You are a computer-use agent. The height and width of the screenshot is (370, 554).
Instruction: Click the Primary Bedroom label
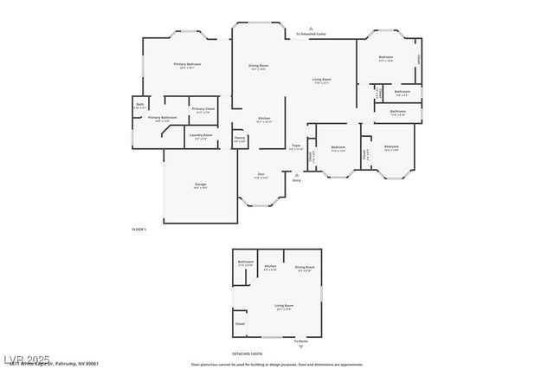187,64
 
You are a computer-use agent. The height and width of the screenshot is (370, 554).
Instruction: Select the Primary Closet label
203,108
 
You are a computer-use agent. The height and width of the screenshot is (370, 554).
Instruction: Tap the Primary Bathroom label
162,117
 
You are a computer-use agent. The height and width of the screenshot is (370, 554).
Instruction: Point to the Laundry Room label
201,134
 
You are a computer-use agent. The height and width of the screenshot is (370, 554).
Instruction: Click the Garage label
200,185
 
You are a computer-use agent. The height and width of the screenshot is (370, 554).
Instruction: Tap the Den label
261,174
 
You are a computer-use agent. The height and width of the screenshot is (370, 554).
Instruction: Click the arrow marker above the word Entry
297,173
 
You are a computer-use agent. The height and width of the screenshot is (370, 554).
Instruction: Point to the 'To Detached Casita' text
311,34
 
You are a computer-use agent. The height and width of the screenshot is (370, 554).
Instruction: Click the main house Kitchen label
264,118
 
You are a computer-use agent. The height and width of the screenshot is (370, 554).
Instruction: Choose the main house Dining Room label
259,65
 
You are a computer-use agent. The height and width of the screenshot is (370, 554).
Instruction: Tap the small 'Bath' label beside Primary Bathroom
140,104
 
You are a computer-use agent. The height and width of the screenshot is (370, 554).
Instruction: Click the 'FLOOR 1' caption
138,229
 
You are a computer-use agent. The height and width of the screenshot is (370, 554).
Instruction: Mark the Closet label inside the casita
240,324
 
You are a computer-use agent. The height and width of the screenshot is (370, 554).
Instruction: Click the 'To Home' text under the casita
300,341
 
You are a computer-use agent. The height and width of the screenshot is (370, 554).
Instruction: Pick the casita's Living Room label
283,306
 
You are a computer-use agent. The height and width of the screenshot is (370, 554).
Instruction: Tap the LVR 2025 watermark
26,359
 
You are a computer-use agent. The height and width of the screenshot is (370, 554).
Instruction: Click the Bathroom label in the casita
246,261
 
